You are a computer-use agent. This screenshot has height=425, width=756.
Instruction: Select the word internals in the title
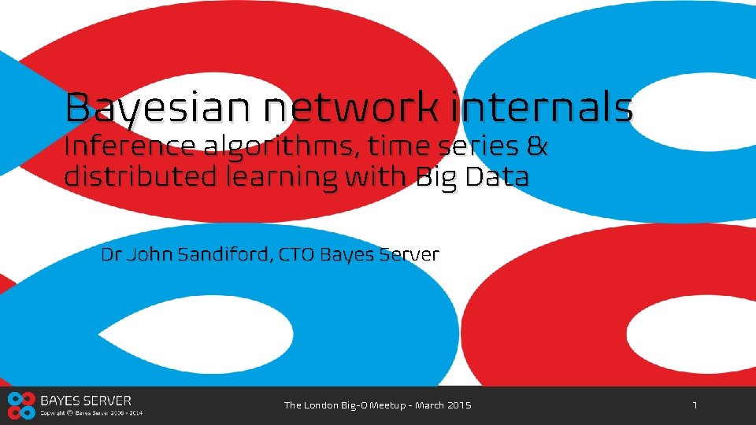[x=543, y=108]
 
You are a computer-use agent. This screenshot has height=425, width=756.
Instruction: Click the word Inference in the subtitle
[x=130, y=147]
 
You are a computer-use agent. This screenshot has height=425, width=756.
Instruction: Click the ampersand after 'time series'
[x=537, y=147]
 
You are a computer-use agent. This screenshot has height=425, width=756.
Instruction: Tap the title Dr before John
[x=112, y=255]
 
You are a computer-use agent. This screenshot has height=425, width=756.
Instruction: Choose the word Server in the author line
[x=408, y=255]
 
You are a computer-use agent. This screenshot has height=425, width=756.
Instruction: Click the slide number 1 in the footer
[x=695, y=405]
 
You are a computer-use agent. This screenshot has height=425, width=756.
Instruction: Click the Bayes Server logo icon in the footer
[x=20, y=405]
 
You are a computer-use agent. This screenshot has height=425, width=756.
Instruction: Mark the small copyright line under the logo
[x=91, y=412]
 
